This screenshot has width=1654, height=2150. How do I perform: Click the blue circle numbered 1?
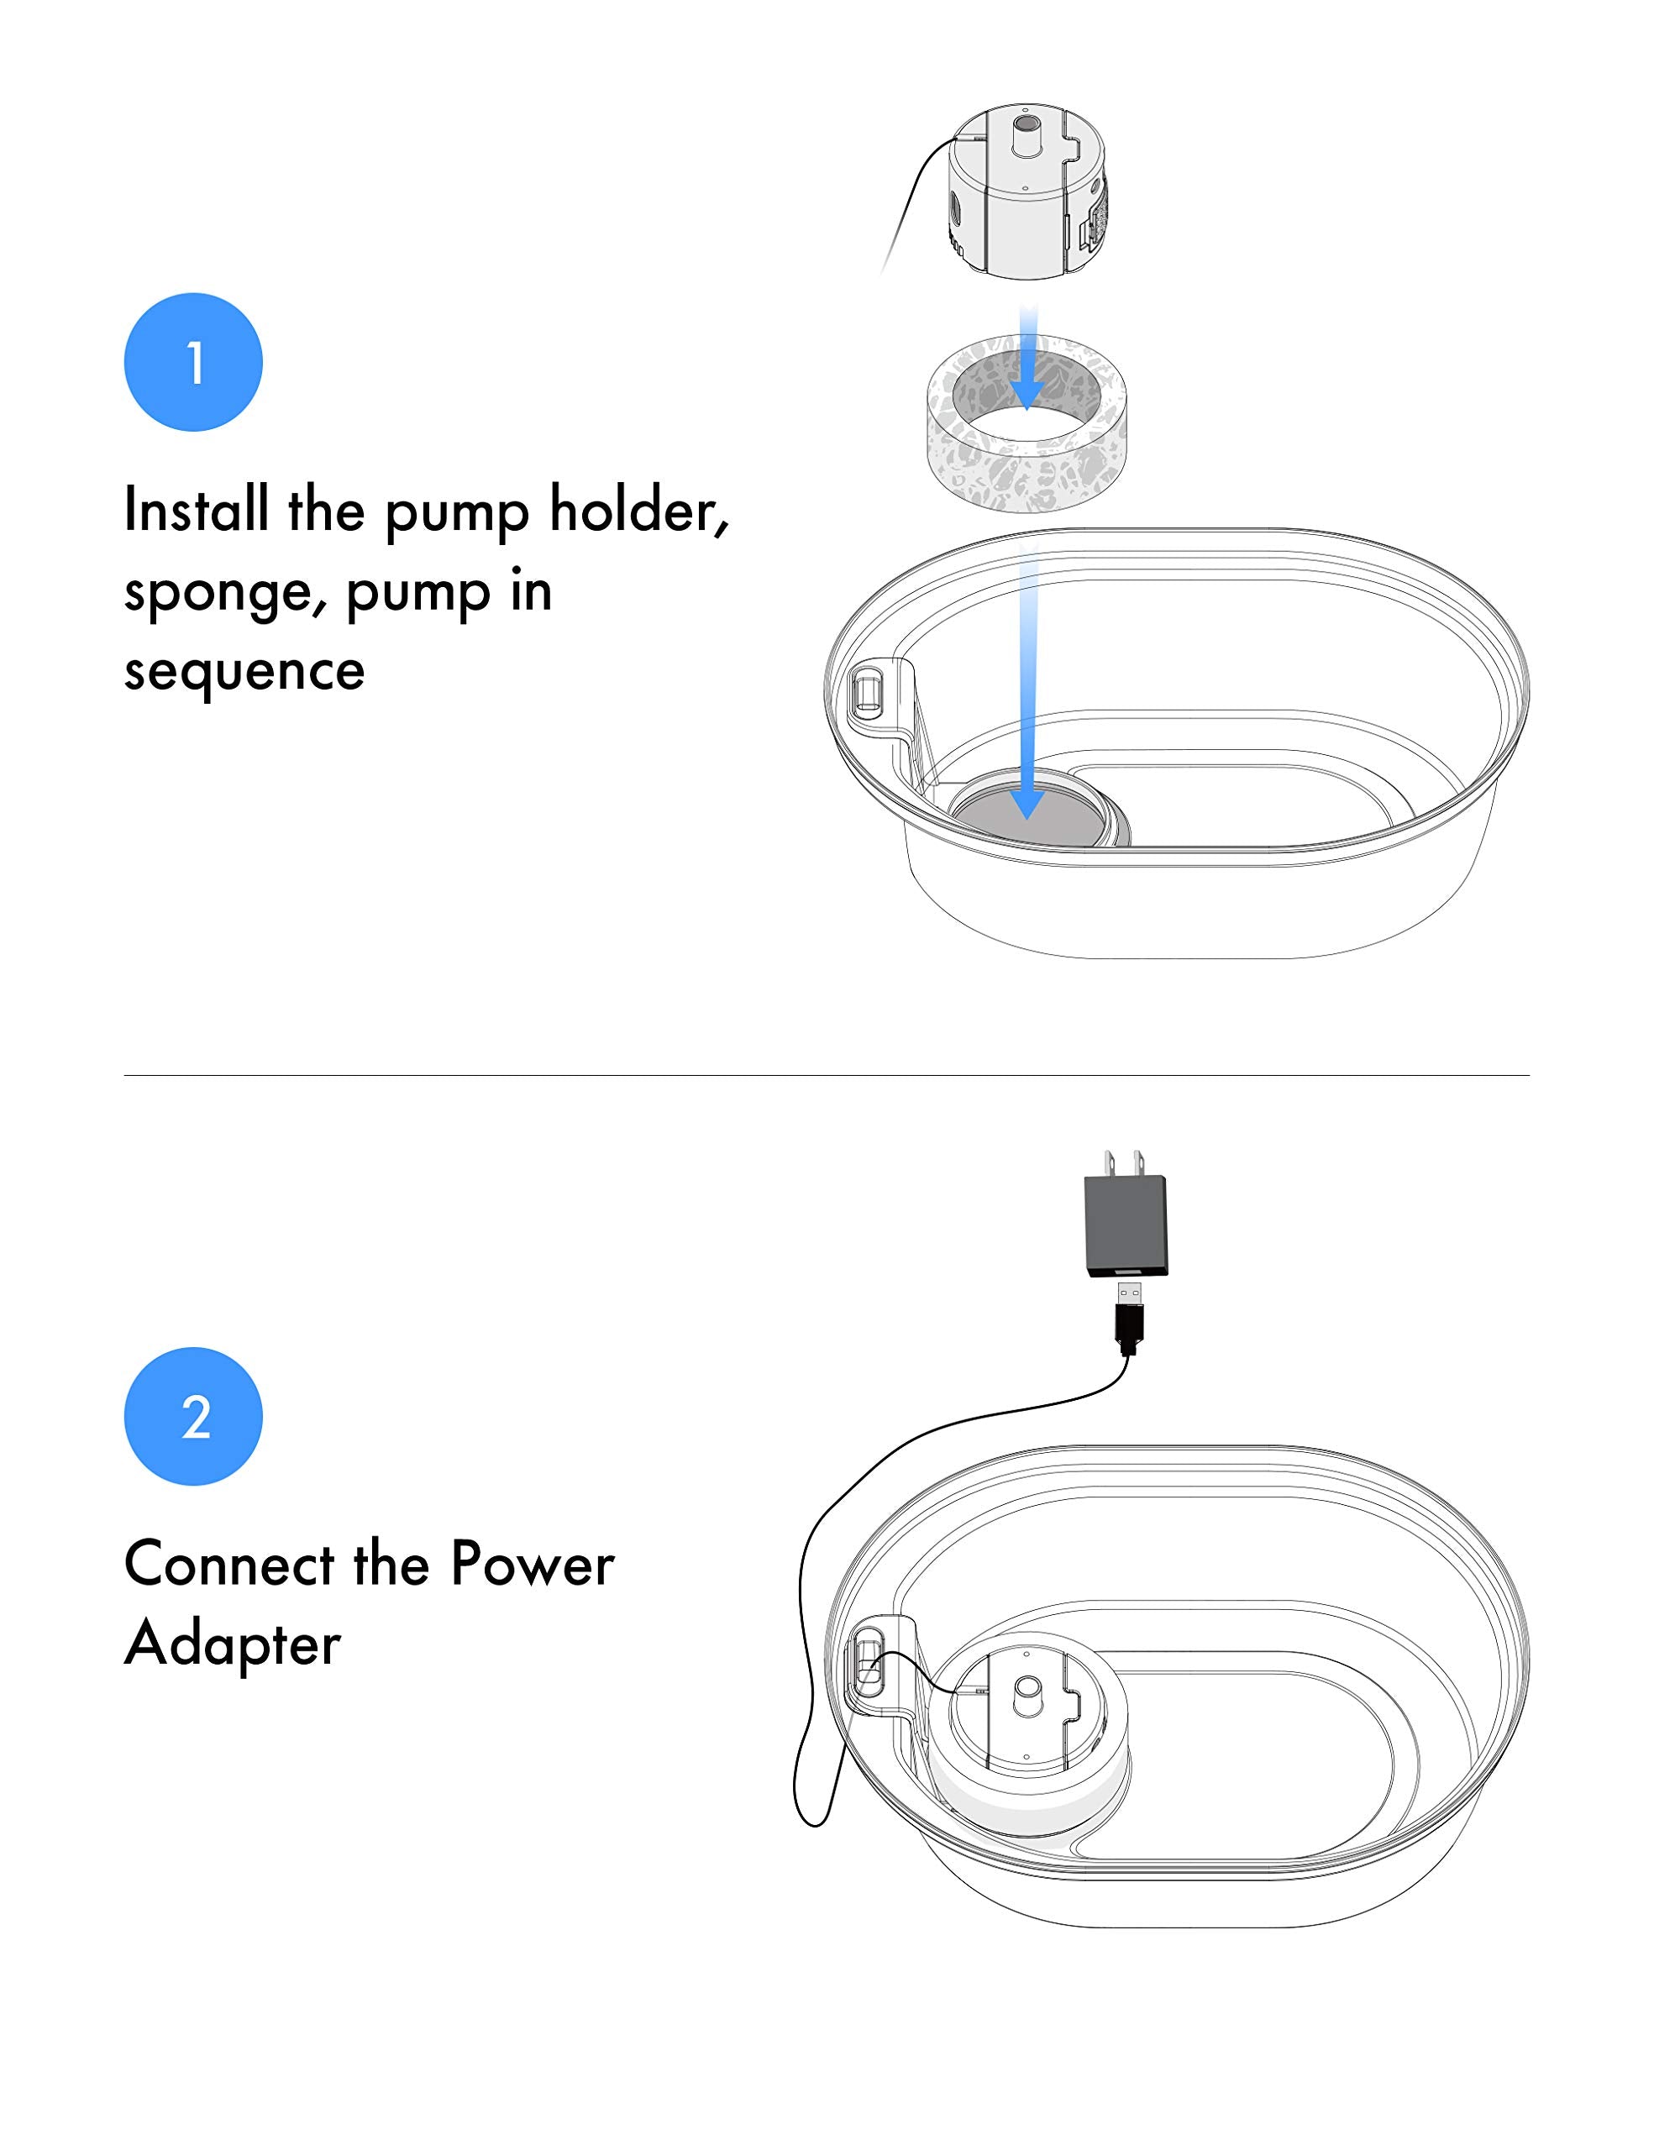pos(193,362)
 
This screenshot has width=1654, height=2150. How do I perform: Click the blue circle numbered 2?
pos(193,1416)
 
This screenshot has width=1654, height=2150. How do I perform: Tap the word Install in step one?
pos(196,510)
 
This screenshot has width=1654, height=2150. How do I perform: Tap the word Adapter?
pos(233,1644)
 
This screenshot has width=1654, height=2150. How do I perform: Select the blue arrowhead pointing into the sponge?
pos(1027,395)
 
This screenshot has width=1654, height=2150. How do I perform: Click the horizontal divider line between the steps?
pos(827,1075)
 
